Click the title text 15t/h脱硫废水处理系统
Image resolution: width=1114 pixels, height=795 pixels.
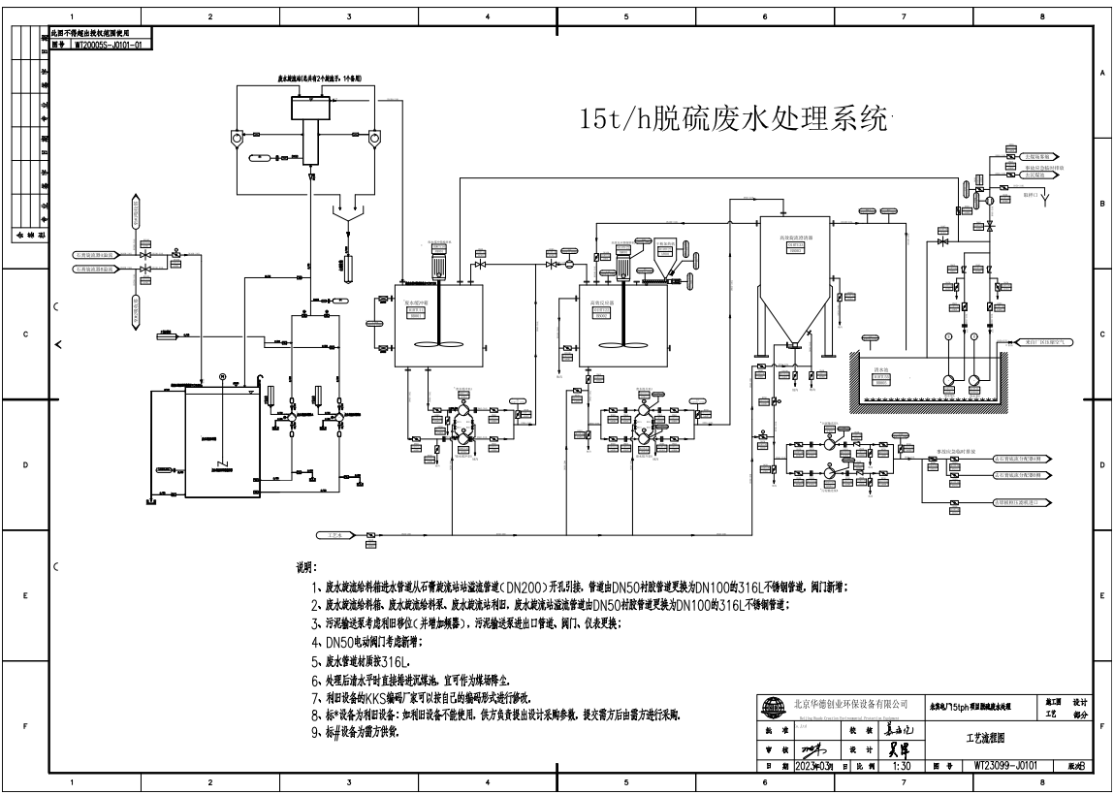click(x=732, y=120)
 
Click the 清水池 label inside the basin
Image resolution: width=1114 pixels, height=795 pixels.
click(x=880, y=369)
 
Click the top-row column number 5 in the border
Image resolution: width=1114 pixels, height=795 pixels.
click(x=626, y=16)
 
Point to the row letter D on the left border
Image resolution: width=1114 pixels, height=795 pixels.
click(x=24, y=464)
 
